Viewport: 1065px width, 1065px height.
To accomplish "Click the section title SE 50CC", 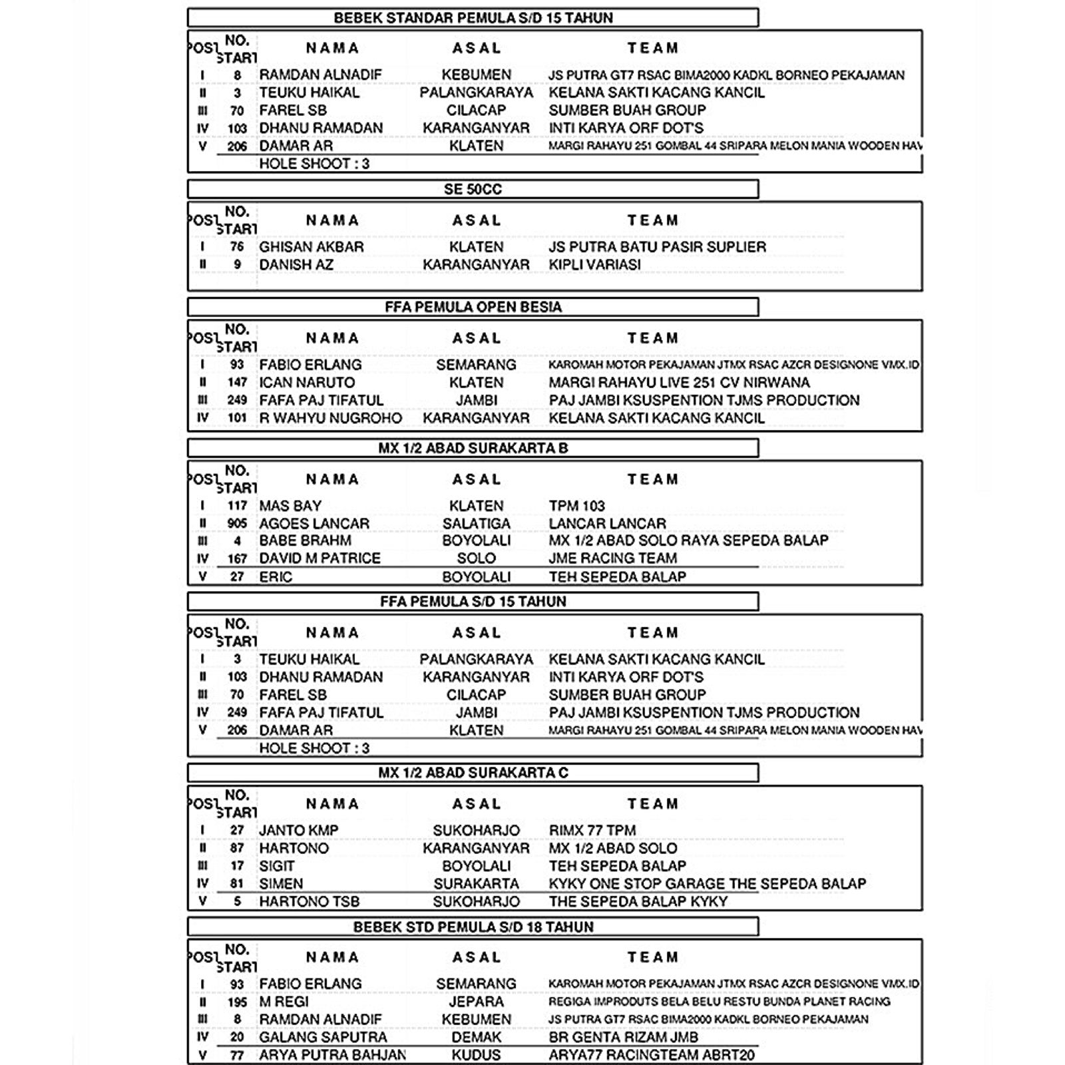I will click(x=473, y=190).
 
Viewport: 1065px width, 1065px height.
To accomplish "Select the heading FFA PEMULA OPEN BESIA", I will click(x=473, y=307).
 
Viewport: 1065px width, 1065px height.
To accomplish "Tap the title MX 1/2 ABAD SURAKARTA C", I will click(x=473, y=773).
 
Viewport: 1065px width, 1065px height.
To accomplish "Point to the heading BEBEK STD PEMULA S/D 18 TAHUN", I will click(x=473, y=927).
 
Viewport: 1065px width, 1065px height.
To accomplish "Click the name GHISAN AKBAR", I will click(x=312, y=247).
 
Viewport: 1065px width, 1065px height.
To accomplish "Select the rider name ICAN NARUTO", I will click(x=307, y=383).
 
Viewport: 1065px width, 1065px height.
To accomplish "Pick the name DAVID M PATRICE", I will click(x=319, y=558).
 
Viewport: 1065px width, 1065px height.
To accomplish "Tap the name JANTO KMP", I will click(x=299, y=831).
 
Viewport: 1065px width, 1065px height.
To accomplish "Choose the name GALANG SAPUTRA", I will click(x=323, y=1037).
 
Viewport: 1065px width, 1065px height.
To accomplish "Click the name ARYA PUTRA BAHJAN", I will click(x=332, y=1055).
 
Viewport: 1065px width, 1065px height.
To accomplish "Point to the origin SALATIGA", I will click(x=476, y=524).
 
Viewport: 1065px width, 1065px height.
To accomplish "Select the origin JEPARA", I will click(x=476, y=1002).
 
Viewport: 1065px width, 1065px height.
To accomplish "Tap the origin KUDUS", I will click(x=476, y=1055).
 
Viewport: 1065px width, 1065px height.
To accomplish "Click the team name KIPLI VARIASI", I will click(x=594, y=265).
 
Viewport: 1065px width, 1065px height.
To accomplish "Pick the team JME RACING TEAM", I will click(x=612, y=558).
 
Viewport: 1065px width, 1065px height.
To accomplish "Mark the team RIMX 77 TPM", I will click(x=592, y=831).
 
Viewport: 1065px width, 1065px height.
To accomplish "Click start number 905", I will click(x=237, y=524).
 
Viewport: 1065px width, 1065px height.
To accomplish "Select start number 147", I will click(x=237, y=383).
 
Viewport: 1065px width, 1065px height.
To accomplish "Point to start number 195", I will click(x=237, y=1002).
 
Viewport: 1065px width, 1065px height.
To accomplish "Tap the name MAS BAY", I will click(x=290, y=506).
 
